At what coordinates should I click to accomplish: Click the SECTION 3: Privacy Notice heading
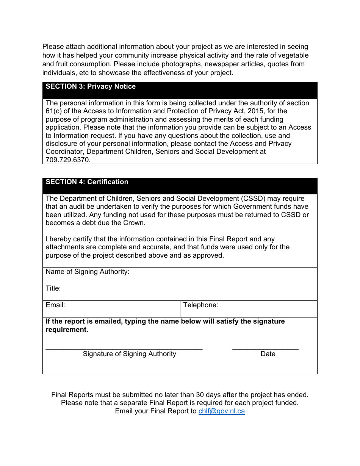[x=91, y=86]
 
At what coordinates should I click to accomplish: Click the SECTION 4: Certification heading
[x=87, y=182]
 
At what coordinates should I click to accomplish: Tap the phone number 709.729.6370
[x=68, y=160]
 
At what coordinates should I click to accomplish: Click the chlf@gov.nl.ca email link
[x=221, y=411]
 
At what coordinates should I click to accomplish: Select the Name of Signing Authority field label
[x=88, y=272]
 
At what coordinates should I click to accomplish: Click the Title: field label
[x=53, y=288]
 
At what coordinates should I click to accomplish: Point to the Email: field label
[x=55, y=305]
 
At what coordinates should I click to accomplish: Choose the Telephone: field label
[x=200, y=305]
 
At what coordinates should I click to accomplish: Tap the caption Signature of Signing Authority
[x=129, y=354]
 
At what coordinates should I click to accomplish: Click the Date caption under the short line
[x=268, y=354]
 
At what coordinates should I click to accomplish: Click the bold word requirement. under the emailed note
[x=67, y=330]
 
